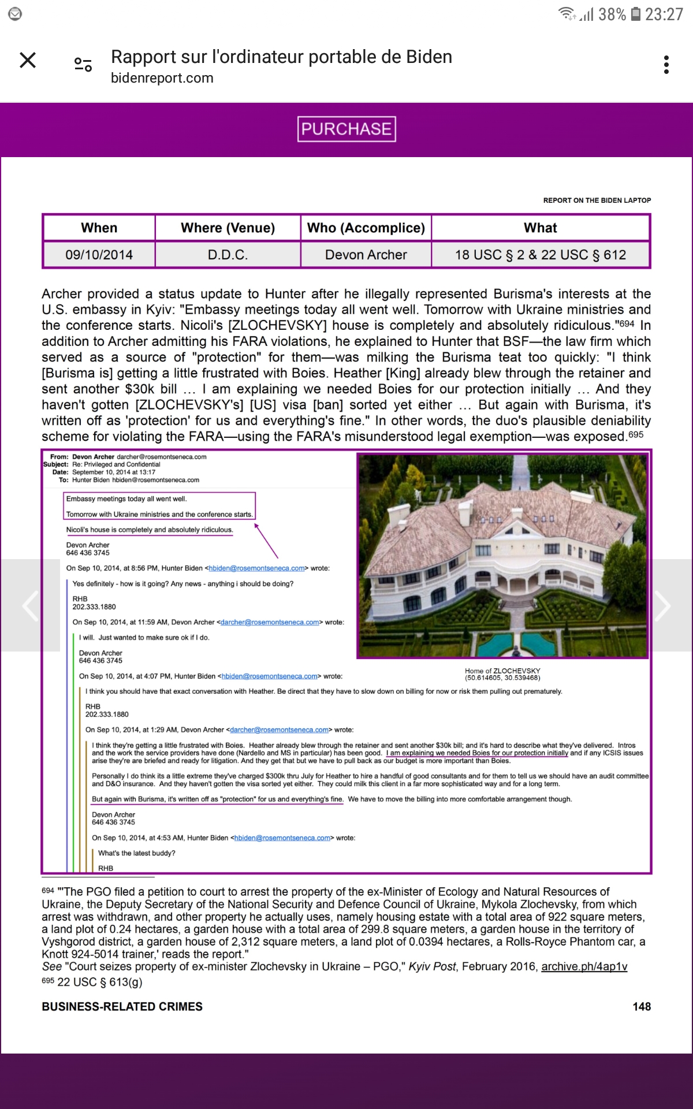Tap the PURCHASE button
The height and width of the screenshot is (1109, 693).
pyautogui.click(x=346, y=129)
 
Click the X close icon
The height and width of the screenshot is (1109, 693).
pyautogui.click(x=28, y=60)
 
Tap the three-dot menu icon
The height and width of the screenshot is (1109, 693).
pyautogui.click(x=666, y=65)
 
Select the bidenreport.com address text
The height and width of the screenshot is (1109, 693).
pyautogui.click(x=162, y=78)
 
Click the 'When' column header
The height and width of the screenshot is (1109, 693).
pyautogui.click(x=99, y=228)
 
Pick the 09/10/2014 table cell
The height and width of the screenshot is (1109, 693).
pyautogui.click(x=99, y=255)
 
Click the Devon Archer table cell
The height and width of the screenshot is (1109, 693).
pyautogui.click(x=366, y=255)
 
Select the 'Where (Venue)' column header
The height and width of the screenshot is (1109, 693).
pyautogui.click(x=228, y=228)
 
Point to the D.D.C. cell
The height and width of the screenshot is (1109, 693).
pyautogui.click(x=228, y=255)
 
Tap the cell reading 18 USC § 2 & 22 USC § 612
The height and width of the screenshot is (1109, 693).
pyautogui.click(x=541, y=255)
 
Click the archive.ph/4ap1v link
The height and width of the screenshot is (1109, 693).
pyautogui.click(x=584, y=966)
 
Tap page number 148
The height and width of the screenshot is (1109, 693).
pyautogui.click(x=642, y=1007)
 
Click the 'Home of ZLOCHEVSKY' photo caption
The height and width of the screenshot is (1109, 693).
pyautogui.click(x=502, y=674)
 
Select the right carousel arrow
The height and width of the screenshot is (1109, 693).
pyautogui.click(x=663, y=605)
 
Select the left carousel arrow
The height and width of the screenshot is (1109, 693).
pyautogui.click(x=30, y=605)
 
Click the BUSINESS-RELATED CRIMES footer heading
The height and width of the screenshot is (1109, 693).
pyautogui.click(x=122, y=1007)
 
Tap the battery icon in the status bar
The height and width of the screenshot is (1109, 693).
pyautogui.click(x=635, y=14)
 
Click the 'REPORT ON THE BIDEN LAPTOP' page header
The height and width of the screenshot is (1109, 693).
pyautogui.click(x=597, y=200)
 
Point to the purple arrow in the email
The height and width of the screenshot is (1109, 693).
pyautogui.click(x=266, y=541)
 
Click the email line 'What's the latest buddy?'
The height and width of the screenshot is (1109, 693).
pyautogui.click(x=136, y=853)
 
